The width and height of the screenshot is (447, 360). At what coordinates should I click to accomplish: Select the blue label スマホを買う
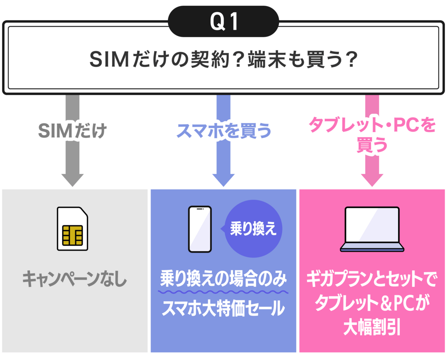223,131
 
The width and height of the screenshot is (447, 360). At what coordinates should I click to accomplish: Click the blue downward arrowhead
223,179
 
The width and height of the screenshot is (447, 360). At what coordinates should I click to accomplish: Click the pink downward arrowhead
372,179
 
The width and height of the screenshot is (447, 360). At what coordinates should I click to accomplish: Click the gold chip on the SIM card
72,235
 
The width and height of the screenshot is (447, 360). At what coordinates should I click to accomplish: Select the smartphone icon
200,229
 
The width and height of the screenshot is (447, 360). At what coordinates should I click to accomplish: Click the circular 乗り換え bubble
253,229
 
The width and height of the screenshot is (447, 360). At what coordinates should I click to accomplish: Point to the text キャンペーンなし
74,280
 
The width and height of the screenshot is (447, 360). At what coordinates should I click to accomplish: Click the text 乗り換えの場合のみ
223,280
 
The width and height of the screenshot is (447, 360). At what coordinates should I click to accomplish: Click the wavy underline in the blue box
223,292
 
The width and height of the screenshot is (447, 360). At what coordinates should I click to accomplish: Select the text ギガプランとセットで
372,280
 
